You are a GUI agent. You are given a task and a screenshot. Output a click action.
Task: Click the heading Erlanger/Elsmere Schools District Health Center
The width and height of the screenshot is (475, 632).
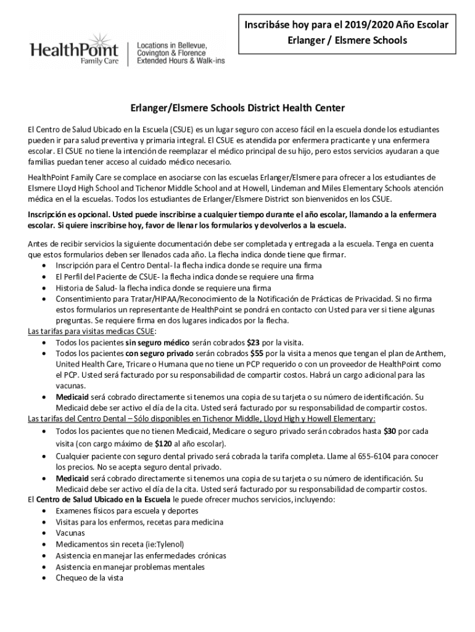point(238,108)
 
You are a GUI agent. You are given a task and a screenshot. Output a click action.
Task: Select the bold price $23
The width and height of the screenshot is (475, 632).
point(253,342)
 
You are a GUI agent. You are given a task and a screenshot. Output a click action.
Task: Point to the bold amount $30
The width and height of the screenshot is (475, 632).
point(390,431)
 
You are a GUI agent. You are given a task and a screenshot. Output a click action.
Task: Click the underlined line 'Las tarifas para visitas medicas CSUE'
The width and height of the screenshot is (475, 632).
point(92,331)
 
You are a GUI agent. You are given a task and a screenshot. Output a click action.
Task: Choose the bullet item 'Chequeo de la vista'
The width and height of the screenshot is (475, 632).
point(89,578)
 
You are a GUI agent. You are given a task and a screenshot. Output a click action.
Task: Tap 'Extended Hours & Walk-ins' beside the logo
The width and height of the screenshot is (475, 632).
point(181,62)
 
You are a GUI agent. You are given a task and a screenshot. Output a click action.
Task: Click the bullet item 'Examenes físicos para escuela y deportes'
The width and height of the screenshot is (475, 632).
point(126,511)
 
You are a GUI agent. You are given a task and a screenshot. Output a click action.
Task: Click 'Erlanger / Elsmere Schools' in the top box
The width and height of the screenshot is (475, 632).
point(352,40)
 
